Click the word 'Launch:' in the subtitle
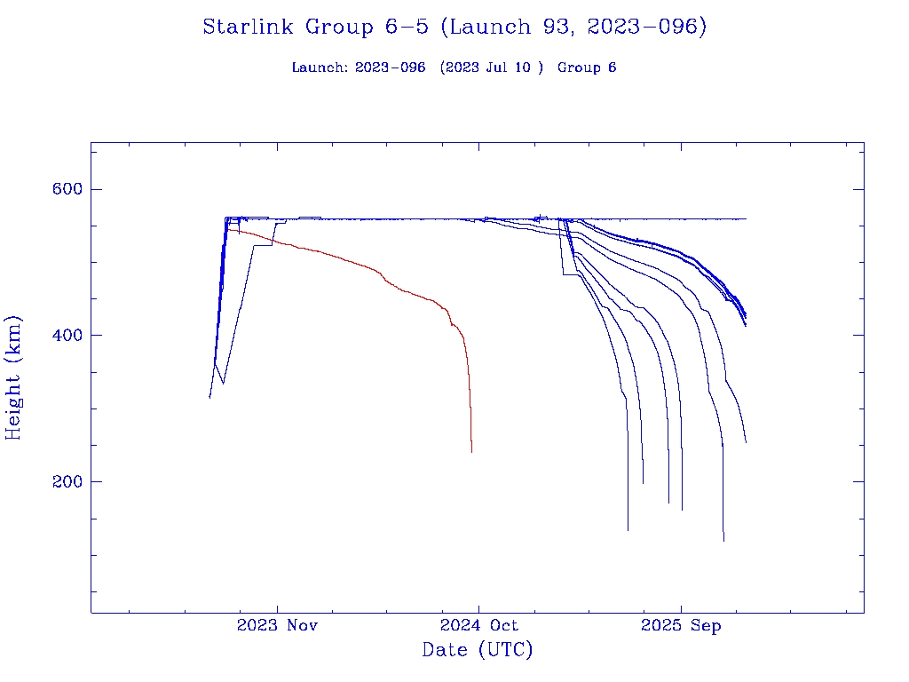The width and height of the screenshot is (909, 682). pos(320,67)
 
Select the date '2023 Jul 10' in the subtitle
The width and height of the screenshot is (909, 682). pos(491,67)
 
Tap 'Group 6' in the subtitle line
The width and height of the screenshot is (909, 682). pos(587,67)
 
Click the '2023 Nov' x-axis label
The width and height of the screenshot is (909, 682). pos(277,626)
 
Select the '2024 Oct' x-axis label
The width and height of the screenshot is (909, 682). pos(478,626)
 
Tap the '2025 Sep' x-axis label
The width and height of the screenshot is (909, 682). pos(681,626)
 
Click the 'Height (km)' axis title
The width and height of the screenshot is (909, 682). pos(14,377)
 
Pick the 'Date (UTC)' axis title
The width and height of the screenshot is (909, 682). pos(478,650)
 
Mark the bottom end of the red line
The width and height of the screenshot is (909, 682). pos(471,452)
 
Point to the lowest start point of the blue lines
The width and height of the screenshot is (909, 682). pos(209,397)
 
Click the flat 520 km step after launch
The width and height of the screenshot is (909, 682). pos(263,245)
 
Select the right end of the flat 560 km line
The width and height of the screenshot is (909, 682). pos(746,218)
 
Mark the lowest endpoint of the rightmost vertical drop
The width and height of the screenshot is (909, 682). pos(723,540)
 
